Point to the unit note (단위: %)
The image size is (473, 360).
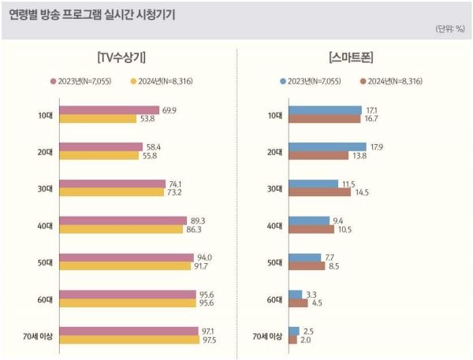449,28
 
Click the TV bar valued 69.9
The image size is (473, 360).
109,110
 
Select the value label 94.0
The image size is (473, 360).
205,258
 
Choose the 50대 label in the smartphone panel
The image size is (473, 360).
274,262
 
